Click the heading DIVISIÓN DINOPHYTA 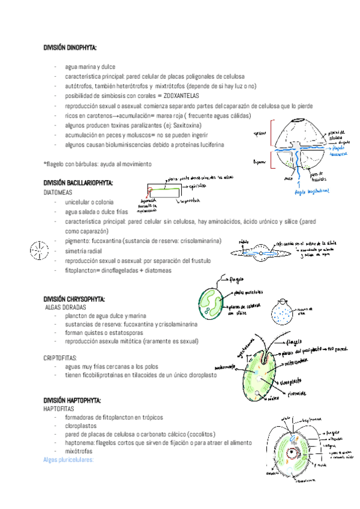coord(70,47)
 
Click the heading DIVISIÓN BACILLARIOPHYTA coord(77,183)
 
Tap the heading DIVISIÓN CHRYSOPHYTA coord(74,298)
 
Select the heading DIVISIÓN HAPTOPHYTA coord(72,400)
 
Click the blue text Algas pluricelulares coord(70,460)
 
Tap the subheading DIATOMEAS coord(60,193)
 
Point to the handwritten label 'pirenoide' coord(296,394)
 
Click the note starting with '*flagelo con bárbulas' coord(97,164)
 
